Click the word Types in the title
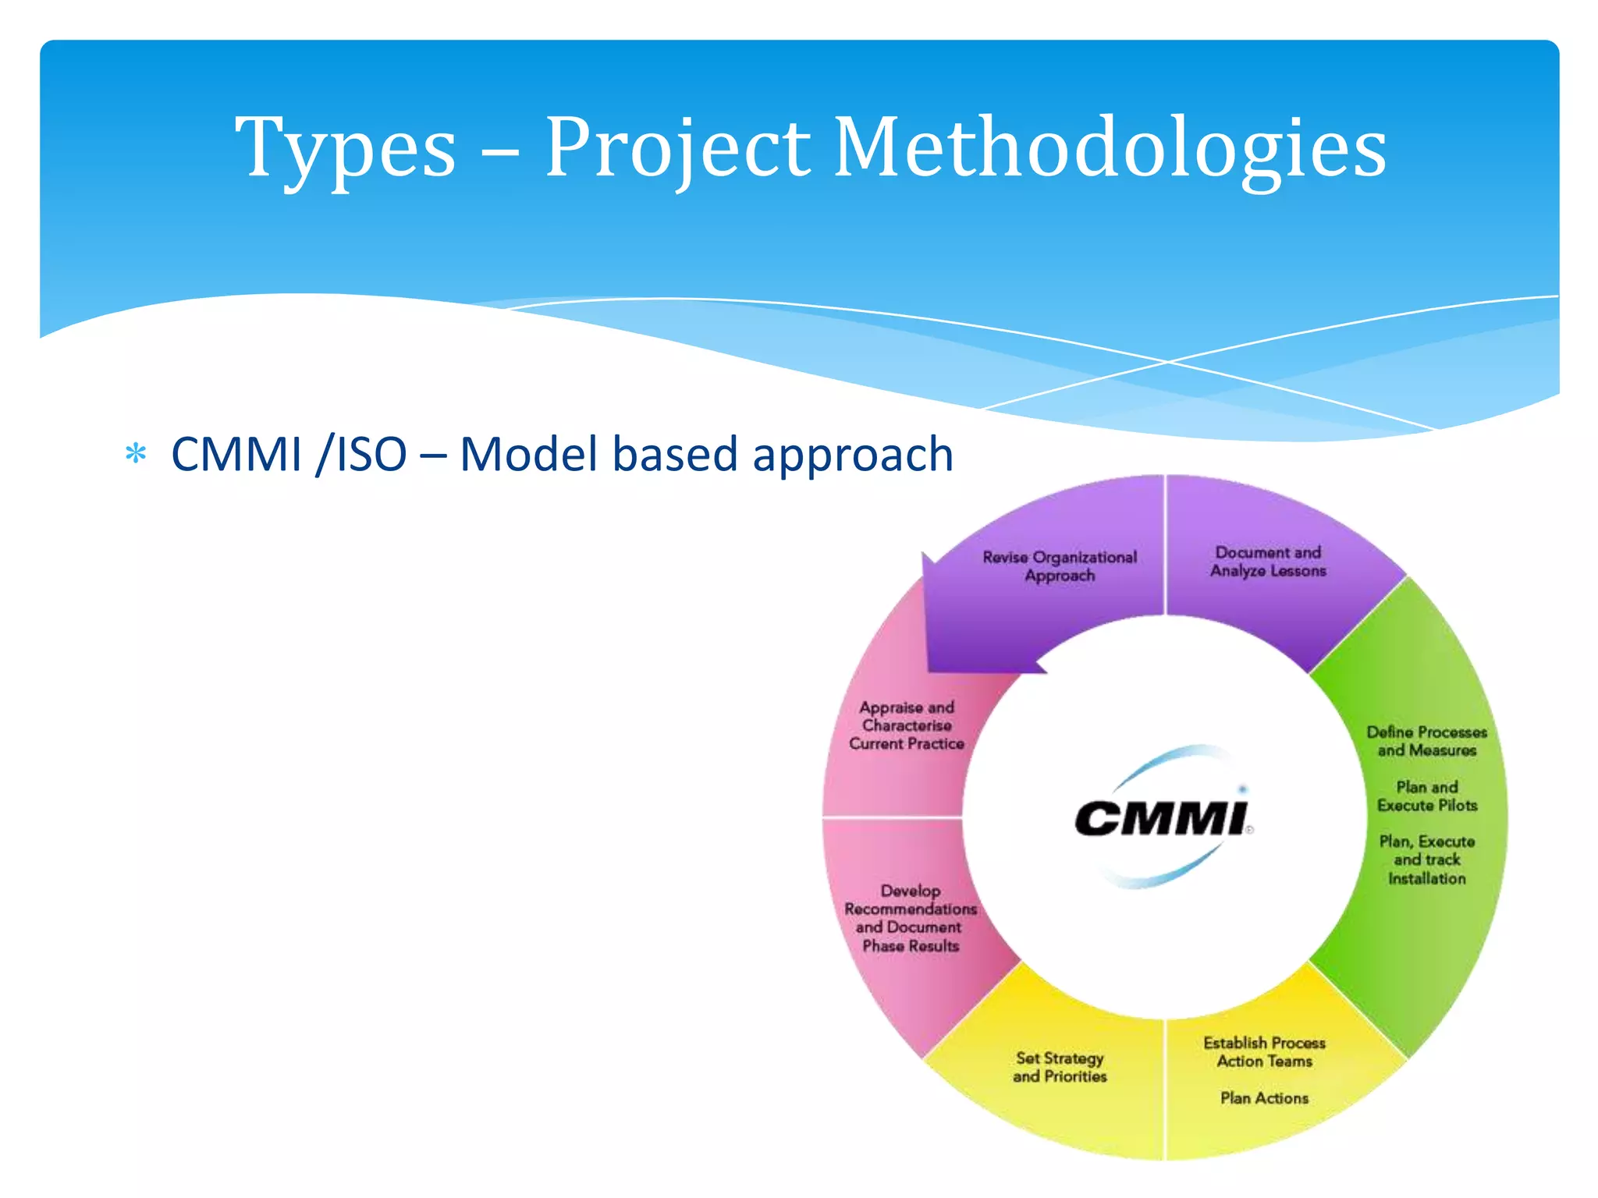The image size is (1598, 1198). point(346,148)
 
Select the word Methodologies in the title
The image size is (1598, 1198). point(1110,148)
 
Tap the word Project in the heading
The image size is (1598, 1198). point(676,148)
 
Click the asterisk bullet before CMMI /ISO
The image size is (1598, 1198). point(136,454)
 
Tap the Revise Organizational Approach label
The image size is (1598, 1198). point(1060,566)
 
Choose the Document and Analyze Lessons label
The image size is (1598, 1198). point(1268,562)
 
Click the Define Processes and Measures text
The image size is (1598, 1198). point(1426,741)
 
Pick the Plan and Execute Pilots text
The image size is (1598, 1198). point(1426,796)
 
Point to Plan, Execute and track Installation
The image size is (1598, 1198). point(1426,860)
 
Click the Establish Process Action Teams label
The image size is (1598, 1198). point(1264,1052)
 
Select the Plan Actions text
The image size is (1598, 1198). point(1264,1098)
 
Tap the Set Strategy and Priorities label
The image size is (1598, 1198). point(1060,1067)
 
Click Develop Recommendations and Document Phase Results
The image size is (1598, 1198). point(910,918)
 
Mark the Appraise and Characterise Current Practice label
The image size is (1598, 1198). point(907,725)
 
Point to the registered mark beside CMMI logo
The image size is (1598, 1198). point(1249,830)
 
